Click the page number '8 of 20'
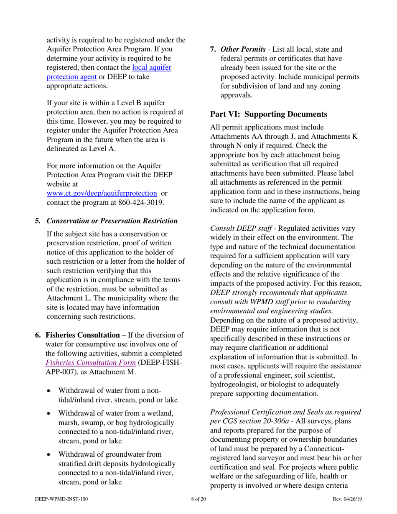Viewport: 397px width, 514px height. pos(198,499)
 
